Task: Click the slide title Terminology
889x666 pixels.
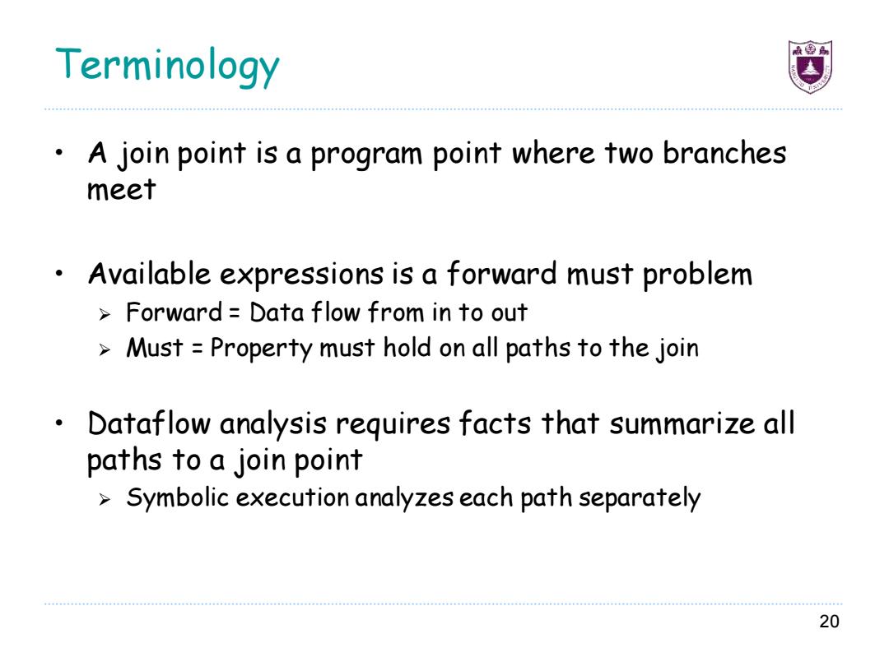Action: (x=167, y=66)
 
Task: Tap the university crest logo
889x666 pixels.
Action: (x=810, y=67)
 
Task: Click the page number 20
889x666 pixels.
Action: (x=829, y=622)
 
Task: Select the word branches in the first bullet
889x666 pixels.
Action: (x=724, y=153)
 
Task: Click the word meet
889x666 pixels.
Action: (x=121, y=189)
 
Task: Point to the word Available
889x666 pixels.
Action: (x=150, y=274)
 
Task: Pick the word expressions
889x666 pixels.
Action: (x=301, y=276)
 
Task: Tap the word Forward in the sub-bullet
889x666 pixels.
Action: (x=174, y=312)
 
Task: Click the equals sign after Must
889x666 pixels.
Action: (x=197, y=348)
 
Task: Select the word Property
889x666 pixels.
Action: (x=262, y=349)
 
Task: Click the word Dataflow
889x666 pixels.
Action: (x=149, y=423)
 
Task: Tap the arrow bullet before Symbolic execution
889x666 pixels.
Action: (x=105, y=500)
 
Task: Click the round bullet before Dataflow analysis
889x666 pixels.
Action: (x=59, y=423)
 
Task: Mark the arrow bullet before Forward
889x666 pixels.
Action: (x=105, y=314)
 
